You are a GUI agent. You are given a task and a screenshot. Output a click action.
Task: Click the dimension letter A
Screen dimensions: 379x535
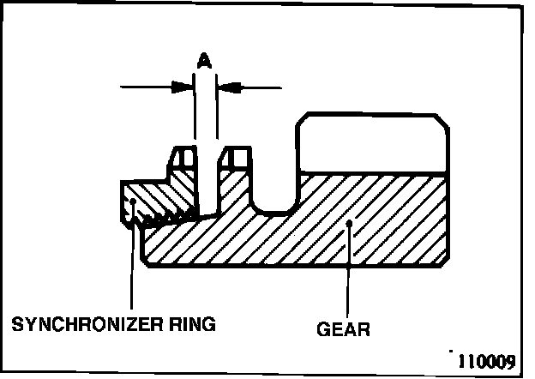coord(203,60)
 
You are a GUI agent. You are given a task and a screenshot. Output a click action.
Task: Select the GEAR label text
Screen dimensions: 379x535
coord(343,328)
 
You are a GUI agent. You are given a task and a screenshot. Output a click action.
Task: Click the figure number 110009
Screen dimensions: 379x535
coord(485,360)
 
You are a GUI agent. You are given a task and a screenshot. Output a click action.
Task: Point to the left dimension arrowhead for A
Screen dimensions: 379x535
coord(183,87)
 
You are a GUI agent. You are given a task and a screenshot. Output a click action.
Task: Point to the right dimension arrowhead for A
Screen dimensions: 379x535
coord(226,87)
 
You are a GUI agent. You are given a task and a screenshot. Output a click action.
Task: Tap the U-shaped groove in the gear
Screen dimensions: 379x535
coord(274,193)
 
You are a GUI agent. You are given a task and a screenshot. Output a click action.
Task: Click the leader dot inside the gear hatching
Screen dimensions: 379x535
coord(350,225)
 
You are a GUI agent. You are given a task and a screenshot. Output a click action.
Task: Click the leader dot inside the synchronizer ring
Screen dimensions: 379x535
coord(132,203)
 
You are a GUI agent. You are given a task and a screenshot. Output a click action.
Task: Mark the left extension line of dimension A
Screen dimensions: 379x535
coord(195,111)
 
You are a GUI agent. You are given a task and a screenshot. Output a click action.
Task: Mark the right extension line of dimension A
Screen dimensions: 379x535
coord(218,111)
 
